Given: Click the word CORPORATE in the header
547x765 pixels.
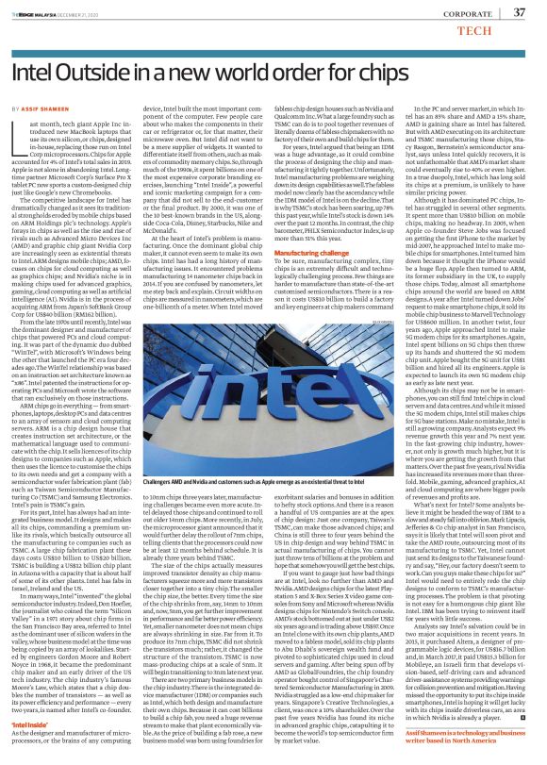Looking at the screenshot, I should (460, 12).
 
